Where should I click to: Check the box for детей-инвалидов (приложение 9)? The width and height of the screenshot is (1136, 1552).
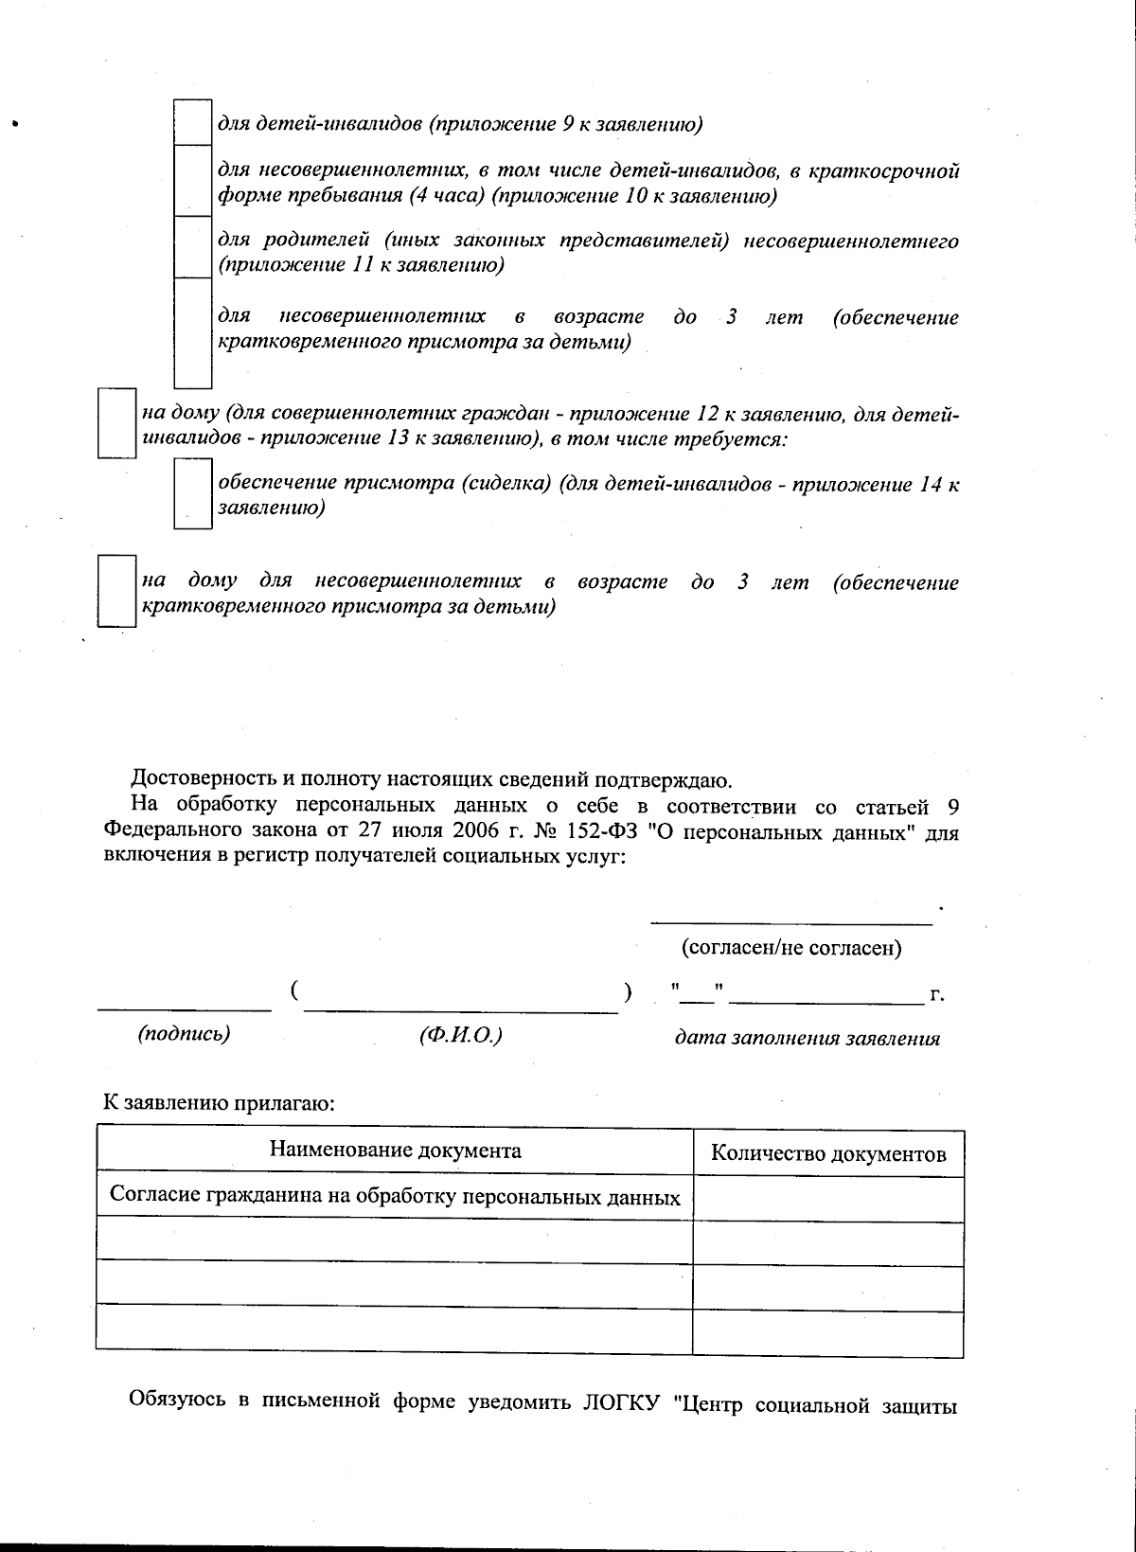tap(192, 122)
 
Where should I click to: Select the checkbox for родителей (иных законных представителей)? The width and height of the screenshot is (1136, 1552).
tap(192, 248)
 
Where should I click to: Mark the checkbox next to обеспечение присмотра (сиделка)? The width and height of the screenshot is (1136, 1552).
tap(192, 492)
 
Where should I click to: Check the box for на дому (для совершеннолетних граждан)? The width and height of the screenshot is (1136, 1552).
tap(118, 423)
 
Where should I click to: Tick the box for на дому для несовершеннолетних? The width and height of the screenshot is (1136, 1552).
tap(118, 591)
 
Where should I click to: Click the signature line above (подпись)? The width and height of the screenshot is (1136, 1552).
tap(184, 1008)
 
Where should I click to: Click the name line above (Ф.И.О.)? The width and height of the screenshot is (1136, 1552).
tap(460, 1010)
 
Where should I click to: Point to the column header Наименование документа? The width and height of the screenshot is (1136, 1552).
tap(395, 1151)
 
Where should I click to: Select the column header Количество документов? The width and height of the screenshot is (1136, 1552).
tap(828, 1153)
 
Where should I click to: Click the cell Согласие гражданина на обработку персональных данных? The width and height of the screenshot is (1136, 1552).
tap(395, 1197)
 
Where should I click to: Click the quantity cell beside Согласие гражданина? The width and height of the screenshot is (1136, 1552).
tap(828, 1199)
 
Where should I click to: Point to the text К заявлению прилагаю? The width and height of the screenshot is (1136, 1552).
tap(220, 1103)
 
